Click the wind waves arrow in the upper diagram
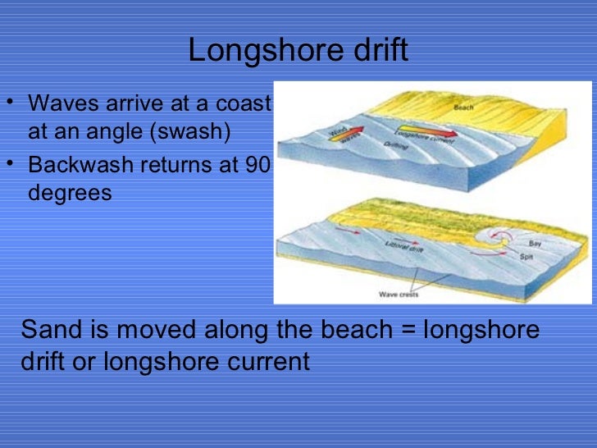[x=345, y=132]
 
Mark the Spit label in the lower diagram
[x=527, y=257]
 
